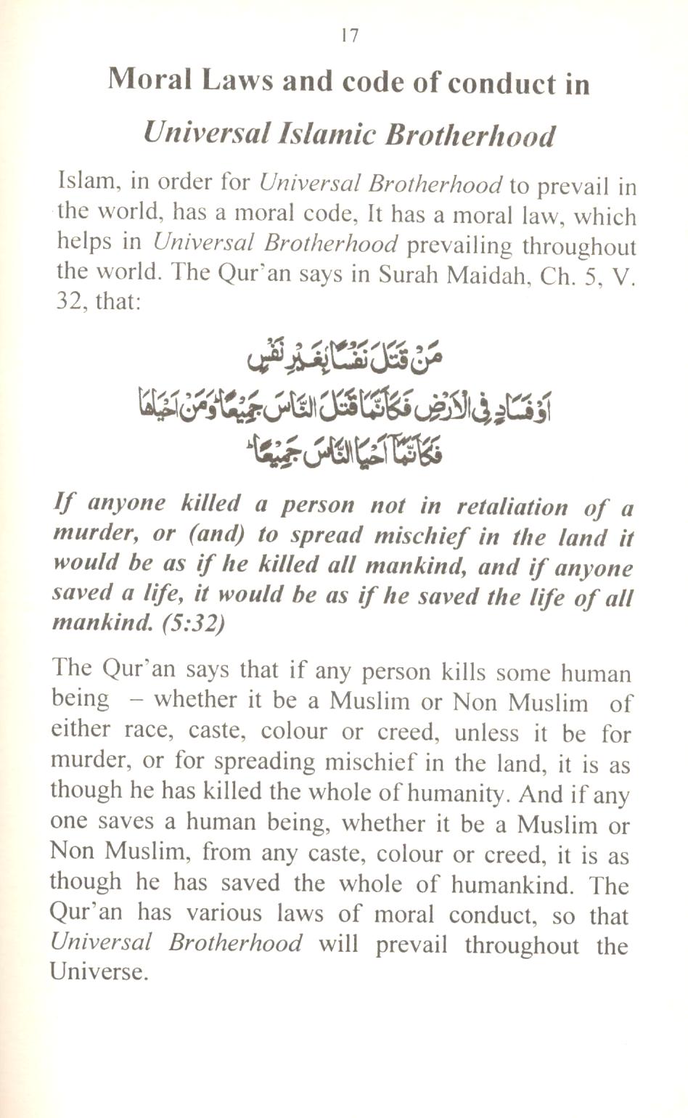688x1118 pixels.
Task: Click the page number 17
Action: pyautogui.click(x=349, y=36)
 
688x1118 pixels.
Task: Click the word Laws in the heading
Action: pyautogui.click(x=236, y=81)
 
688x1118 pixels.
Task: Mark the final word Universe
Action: pyautogui.click(x=98, y=973)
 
